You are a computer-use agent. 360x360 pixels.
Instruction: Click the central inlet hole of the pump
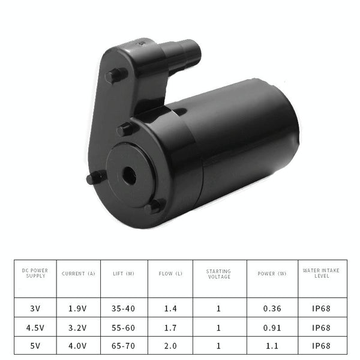128,176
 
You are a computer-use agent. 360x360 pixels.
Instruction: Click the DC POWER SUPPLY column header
35,273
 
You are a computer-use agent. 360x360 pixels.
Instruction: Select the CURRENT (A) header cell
78,274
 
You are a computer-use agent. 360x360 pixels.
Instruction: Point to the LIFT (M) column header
124,274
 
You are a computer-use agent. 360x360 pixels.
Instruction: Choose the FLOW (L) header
170,274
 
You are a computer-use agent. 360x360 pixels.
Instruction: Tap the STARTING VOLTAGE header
218,274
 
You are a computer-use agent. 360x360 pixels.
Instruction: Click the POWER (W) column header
272,274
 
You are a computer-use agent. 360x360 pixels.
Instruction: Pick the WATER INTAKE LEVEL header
321,273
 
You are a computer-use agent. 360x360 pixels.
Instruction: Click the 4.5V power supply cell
35,328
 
